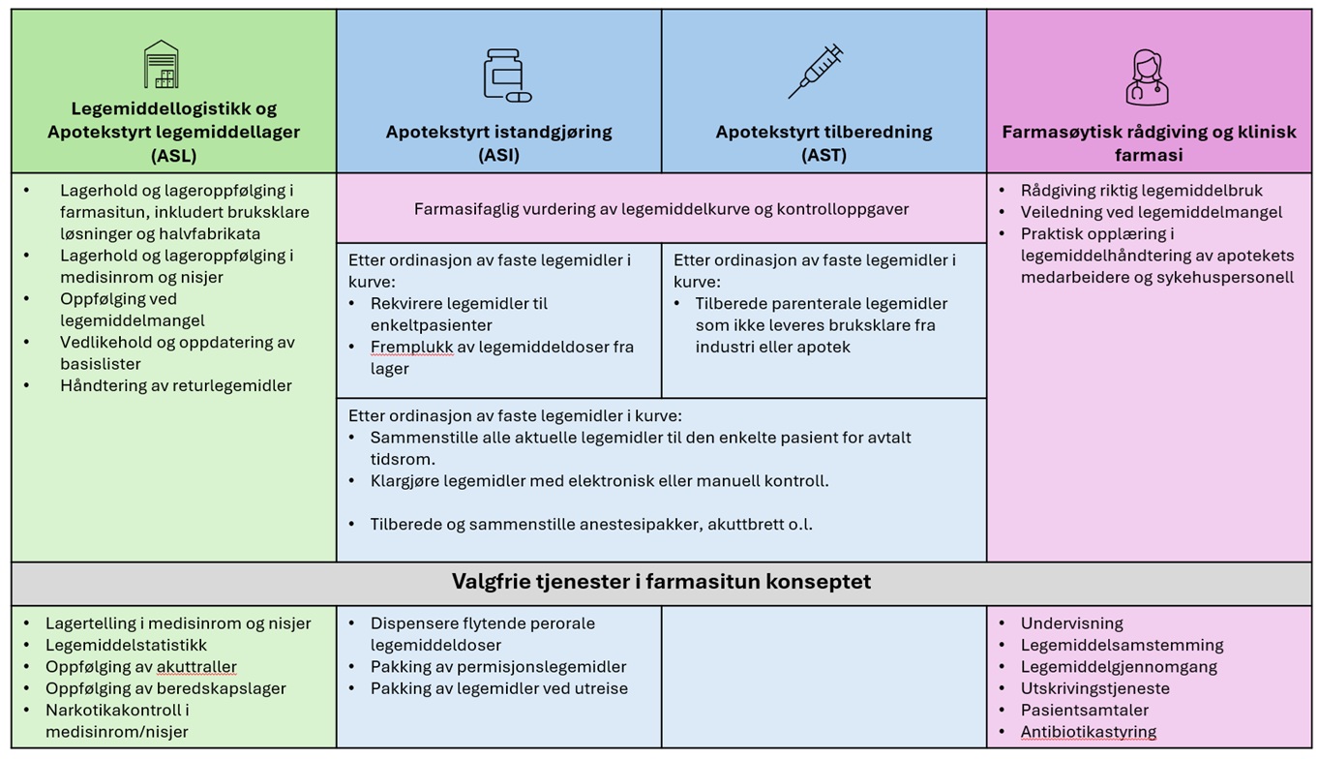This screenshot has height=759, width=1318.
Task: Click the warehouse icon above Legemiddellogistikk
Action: coord(161,65)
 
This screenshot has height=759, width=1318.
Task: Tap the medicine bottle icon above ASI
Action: coord(506,75)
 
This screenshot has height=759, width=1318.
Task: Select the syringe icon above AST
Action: coord(816,71)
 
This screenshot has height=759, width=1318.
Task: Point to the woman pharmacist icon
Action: coord(1147,76)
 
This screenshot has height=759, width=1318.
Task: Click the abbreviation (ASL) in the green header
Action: coord(174,155)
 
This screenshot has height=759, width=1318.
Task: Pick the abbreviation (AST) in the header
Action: coord(824,155)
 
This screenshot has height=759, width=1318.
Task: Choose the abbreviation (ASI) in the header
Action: coord(498,155)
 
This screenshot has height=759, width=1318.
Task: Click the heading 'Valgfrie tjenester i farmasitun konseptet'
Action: coord(661,582)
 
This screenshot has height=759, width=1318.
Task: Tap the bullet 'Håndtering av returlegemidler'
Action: coord(175,385)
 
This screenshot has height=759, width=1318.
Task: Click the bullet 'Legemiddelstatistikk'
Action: coord(126,645)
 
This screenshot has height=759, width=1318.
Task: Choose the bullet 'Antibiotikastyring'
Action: coord(1088,732)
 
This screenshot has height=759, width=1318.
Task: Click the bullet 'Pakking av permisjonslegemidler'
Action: coord(497,667)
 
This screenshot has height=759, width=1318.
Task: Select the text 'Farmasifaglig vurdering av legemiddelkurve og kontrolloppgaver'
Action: coord(661,209)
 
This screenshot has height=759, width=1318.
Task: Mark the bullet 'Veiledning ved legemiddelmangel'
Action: coord(1151,212)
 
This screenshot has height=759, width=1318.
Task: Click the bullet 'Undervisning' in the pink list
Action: coord(1071,623)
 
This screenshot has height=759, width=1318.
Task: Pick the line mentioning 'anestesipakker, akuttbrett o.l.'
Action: coord(590,525)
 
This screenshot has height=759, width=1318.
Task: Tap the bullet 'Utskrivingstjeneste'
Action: coord(1094,688)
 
